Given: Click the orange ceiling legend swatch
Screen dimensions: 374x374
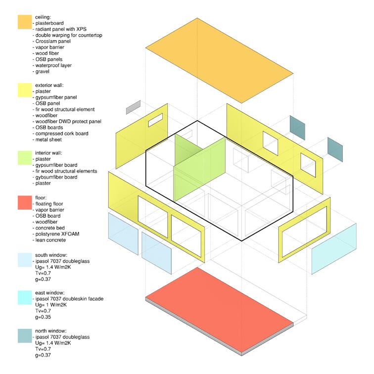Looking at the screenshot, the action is (25, 22).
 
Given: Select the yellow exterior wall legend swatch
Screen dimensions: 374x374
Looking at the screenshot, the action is (25, 90).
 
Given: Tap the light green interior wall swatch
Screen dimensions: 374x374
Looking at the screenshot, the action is (25, 158).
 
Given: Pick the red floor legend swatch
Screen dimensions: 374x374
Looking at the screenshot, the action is (25, 203).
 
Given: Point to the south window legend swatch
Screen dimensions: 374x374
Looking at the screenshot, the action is (25, 260).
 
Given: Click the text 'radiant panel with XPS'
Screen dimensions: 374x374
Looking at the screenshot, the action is (62, 29).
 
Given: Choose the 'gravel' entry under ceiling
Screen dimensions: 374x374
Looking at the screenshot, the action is (42, 71).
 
